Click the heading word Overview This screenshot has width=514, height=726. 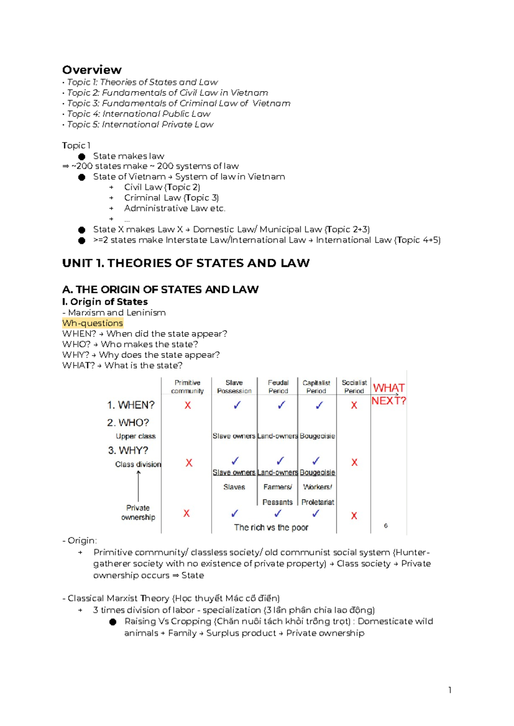pos(92,70)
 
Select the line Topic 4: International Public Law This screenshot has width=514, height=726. pos(138,114)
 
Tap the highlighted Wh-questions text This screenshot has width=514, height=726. pos(93,323)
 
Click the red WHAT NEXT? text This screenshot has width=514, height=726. pos(388,394)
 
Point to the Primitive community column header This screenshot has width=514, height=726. pos(187,387)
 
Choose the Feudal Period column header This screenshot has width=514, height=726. pos(278,387)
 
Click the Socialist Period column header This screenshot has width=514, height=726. pos(354,387)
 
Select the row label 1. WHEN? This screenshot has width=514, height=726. pos(131,405)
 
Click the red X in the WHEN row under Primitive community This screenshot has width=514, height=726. pos(188,405)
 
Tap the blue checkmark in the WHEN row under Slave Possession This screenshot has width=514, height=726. pos(237,405)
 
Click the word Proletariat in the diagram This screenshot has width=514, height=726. pos(317,502)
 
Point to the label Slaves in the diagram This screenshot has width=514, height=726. pos(234,487)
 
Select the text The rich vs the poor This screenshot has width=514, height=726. pos(271,527)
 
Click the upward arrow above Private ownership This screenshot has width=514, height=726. pos(138,486)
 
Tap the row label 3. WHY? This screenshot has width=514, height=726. pos(128,450)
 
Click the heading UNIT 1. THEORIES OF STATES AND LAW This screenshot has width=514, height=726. pos(185,263)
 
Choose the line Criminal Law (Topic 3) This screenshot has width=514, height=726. pos(171,198)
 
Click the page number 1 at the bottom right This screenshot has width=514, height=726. pos(450,690)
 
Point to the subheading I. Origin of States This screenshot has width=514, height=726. pos(105,302)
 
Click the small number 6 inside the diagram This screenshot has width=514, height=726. pos(385,526)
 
